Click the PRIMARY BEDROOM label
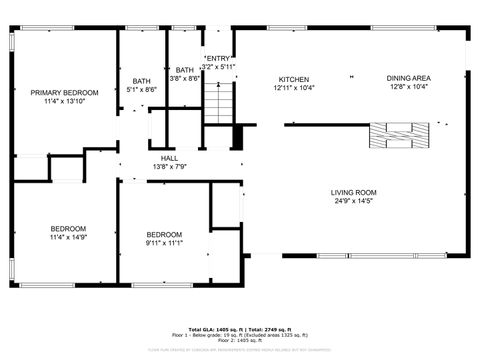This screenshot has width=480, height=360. (57, 93)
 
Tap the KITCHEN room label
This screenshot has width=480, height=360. (293, 78)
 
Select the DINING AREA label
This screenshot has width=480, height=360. (408, 78)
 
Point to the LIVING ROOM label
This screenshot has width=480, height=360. (353, 192)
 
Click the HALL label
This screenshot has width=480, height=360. (170, 157)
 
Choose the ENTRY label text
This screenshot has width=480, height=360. (218, 59)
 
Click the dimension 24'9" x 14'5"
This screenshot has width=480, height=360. (353, 201)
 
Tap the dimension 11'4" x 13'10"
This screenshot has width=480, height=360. (57, 101)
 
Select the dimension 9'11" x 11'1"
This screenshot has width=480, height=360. (164, 243)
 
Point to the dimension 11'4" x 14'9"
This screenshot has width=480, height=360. (68, 237)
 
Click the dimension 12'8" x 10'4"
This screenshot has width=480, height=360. (408, 87)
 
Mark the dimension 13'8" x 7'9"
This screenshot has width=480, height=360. (170, 166)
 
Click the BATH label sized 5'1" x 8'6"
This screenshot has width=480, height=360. (141, 81)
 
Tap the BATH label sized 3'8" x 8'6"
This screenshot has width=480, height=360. (185, 69)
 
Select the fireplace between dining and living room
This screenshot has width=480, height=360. (398, 135)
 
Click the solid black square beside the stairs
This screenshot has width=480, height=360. (237, 135)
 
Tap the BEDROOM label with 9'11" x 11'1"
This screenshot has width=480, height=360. (164, 234)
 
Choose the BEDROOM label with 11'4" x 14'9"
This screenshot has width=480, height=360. (68, 228)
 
